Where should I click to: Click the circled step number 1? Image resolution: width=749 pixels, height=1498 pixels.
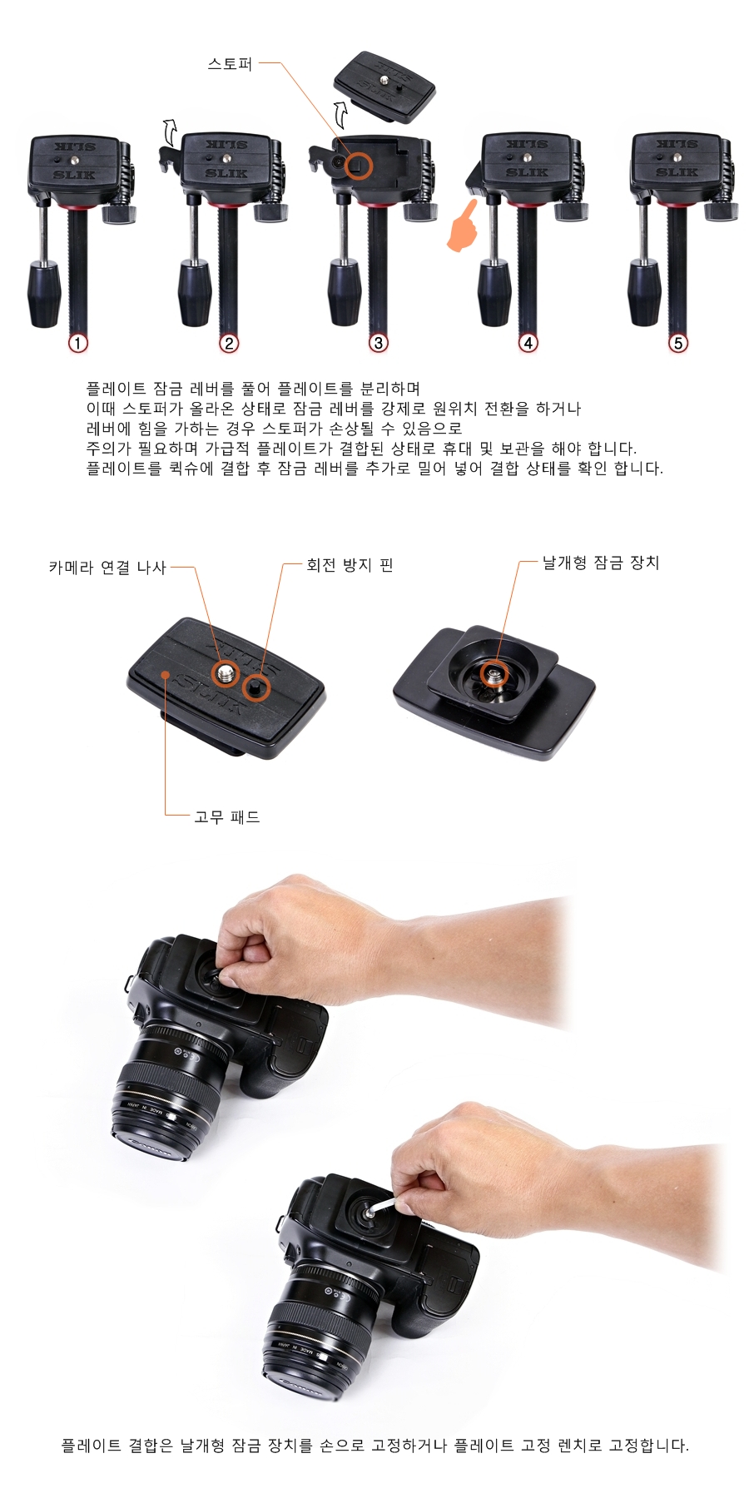(78, 343)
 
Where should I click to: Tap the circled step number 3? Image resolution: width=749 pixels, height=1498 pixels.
(379, 343)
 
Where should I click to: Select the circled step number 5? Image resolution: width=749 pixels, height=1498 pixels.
(678, 343)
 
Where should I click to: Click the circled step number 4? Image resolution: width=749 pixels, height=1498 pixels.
(528, 343)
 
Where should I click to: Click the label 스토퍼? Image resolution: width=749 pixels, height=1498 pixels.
(230, 63)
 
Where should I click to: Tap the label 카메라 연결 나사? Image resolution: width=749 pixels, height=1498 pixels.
(107, 568)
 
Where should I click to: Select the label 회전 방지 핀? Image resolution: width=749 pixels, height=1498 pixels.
(350, 566)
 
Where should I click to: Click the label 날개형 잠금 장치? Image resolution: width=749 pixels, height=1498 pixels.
(601, 563)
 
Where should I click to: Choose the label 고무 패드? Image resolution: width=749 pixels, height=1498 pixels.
(227, 817)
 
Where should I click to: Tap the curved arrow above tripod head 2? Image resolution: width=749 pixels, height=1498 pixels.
(169, 130)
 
